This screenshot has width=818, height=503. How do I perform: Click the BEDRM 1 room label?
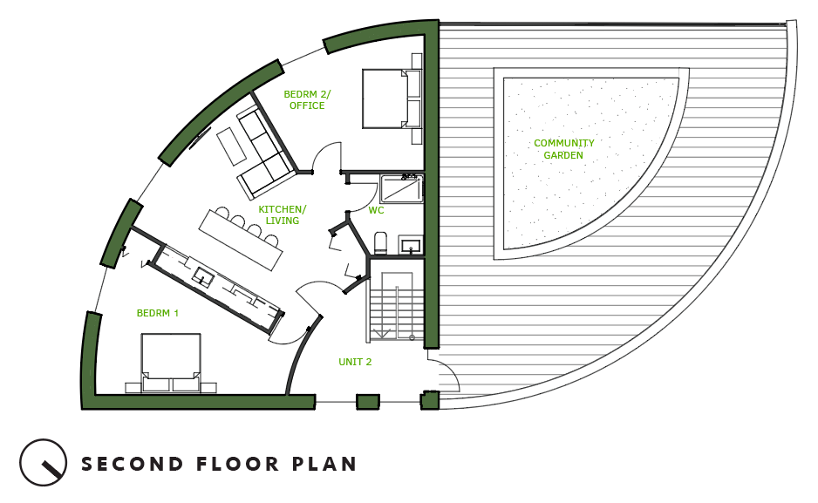pyautogui.click(x=158, y=313)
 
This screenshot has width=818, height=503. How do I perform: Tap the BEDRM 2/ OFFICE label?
pyautogui.click(x=307, y=99)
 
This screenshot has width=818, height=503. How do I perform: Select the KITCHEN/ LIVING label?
pyautogui.click(x=283, y=214)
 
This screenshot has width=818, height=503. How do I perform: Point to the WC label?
pyautogui.click(x=376, y=210)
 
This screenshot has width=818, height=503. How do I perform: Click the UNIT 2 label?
pyautogui.click(x=355, y=362)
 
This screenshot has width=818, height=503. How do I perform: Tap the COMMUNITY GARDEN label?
pyautogui.click(x=564, y=149)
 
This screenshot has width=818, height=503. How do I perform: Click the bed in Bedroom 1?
pyautogui.click(x=171, y=363)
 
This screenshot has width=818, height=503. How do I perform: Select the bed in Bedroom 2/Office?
pyautogui.click(x=392, y=99)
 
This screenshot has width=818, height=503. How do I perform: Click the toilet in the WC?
pyautogui.click(x=381, y=243)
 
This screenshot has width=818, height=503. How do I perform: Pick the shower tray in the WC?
pyautogui.click(x=401, y=188)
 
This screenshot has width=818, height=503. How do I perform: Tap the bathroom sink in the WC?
pyautogui.click(x=411, y=245)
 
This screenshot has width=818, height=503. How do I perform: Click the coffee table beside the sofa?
pyautogui.click(x=231, y=146)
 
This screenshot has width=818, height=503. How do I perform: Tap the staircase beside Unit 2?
pyautogui.click(x=397, y=307)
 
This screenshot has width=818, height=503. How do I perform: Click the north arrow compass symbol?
pyautogui.click(x=44, y=462)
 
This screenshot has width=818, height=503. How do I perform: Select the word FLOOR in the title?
pyautogui.click(x=237, y=464)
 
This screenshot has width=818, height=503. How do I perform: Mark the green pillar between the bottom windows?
pyautogui.click(x=368, y=402)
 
